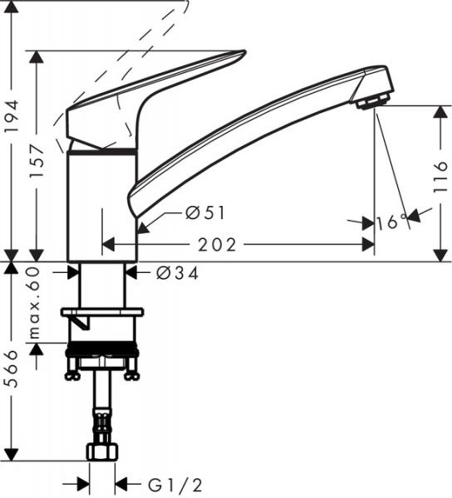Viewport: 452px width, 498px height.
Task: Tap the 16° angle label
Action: (391, 222)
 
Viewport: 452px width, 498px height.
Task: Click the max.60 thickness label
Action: (37, 307)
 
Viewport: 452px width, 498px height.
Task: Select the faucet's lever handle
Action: (158, 91)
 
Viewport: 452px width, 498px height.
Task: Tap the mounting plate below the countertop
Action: (101, 313)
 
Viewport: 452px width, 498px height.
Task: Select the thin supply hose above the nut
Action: (101, 411)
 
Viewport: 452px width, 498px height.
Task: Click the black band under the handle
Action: (101, 151)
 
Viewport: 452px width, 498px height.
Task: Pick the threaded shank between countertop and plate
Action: (102, 286)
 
